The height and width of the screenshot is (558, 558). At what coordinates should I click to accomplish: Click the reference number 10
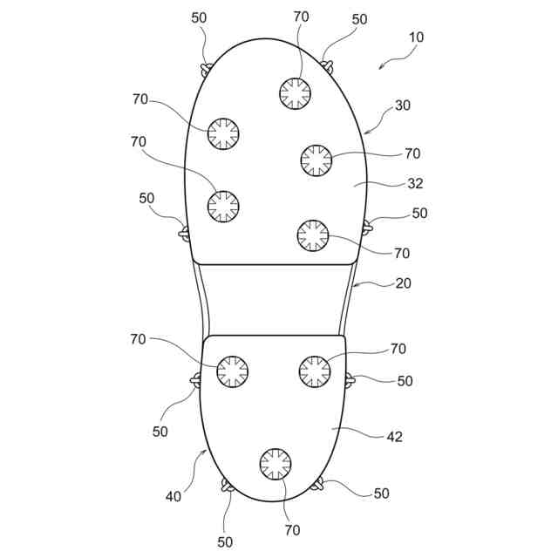[x=416, y=37]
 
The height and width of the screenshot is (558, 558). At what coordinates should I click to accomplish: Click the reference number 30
[x=402, y=105]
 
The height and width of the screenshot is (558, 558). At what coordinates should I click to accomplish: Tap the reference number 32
[x=415, y=184]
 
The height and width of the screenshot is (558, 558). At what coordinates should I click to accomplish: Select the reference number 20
[x=403, y=283]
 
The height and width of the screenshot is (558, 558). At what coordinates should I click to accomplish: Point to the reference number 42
[x=394, y=437]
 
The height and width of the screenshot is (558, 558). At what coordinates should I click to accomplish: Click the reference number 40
[x=174, y=496]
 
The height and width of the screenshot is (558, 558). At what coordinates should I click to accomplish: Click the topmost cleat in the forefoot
[x=295, y=92]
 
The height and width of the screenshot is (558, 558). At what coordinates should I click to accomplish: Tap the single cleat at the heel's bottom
[x=276, y=463]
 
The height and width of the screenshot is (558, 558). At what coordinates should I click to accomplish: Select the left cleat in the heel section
[x=233, y=371]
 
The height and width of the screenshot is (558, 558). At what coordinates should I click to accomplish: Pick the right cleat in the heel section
[x=315, y=371]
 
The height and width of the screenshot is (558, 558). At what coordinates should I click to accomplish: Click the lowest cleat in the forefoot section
[x=313, y=235]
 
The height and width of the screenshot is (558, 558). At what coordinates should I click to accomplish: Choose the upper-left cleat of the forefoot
[x=223, y=133]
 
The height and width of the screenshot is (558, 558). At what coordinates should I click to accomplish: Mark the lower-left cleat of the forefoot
[x=223, y=206]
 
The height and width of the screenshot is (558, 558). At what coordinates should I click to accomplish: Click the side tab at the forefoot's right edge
[x=367, y=228]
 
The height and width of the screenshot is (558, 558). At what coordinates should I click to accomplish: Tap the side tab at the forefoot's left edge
[x=184, y=232]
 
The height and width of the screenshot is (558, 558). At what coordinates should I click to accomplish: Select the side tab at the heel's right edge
[x=349, y=379]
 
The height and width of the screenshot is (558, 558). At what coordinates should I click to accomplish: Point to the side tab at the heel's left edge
[x=196, y=378]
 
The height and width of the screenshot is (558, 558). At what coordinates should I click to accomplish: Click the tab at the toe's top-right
[x=328, y=64]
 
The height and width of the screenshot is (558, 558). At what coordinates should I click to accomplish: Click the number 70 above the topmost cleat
[x=301, y=17]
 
